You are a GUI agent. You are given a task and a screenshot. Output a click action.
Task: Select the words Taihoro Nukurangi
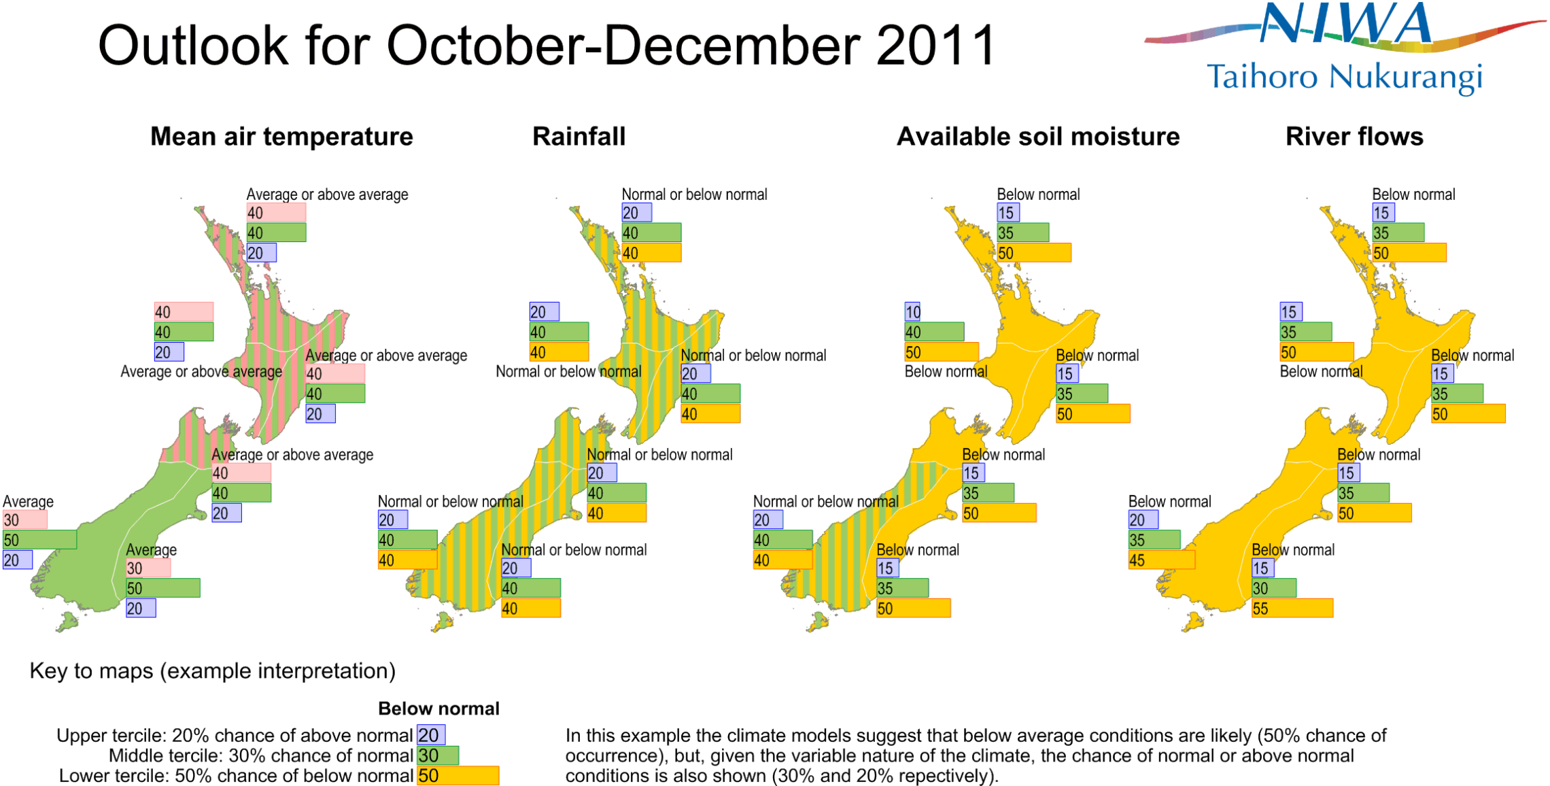click(x=1344, y=77)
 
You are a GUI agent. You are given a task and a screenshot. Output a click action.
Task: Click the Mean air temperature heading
click(x=281, y=137)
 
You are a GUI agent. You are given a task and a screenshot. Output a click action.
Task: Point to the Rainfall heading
click(x=579, y=137)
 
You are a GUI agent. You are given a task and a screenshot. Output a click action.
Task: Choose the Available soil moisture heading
click(x=1038, y=137)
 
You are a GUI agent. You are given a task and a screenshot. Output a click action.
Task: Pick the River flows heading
click(x=1354, y=137)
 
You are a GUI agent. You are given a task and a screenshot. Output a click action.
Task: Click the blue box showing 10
click(x=912, y=312)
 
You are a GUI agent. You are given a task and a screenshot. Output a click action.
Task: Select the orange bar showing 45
click(x=1161, y=560)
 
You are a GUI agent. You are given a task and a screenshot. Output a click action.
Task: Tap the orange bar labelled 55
click(x=1292, y=608)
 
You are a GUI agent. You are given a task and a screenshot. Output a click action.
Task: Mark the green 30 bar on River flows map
click(x=1273, y=588)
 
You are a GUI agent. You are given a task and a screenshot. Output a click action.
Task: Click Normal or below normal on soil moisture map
click(x=825, y=502)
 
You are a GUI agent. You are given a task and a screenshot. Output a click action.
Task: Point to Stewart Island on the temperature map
click(x=67, y=621)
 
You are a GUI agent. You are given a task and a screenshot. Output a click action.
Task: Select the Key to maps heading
click(x=212, y=671)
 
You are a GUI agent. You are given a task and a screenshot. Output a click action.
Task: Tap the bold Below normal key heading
click(x=438, y=708)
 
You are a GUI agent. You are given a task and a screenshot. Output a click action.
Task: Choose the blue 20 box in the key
click(x=431, y=735)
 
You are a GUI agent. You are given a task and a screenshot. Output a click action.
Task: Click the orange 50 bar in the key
click(x=458, y=776)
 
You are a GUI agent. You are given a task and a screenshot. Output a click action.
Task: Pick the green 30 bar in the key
click(x=437, y=755)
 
